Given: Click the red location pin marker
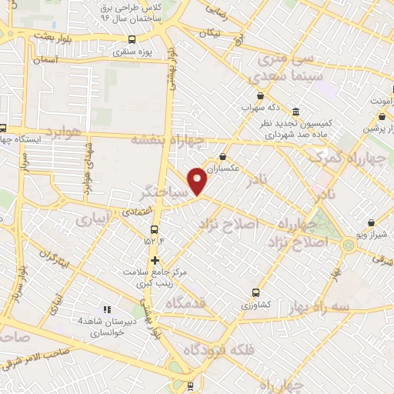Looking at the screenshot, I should (x=199, y=182).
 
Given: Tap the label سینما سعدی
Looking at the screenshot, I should (x=275, y=78).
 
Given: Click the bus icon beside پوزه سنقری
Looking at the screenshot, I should (x=132, y=39).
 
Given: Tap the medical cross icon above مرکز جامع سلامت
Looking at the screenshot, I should (x=155, y=260).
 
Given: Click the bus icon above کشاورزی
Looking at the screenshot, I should (x=256, y=292).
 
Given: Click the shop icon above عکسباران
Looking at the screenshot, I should (x=222, y=156).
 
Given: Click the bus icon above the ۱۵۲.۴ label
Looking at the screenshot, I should (x=155, y=229).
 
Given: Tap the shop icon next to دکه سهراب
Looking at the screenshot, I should (x=260, y=96).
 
